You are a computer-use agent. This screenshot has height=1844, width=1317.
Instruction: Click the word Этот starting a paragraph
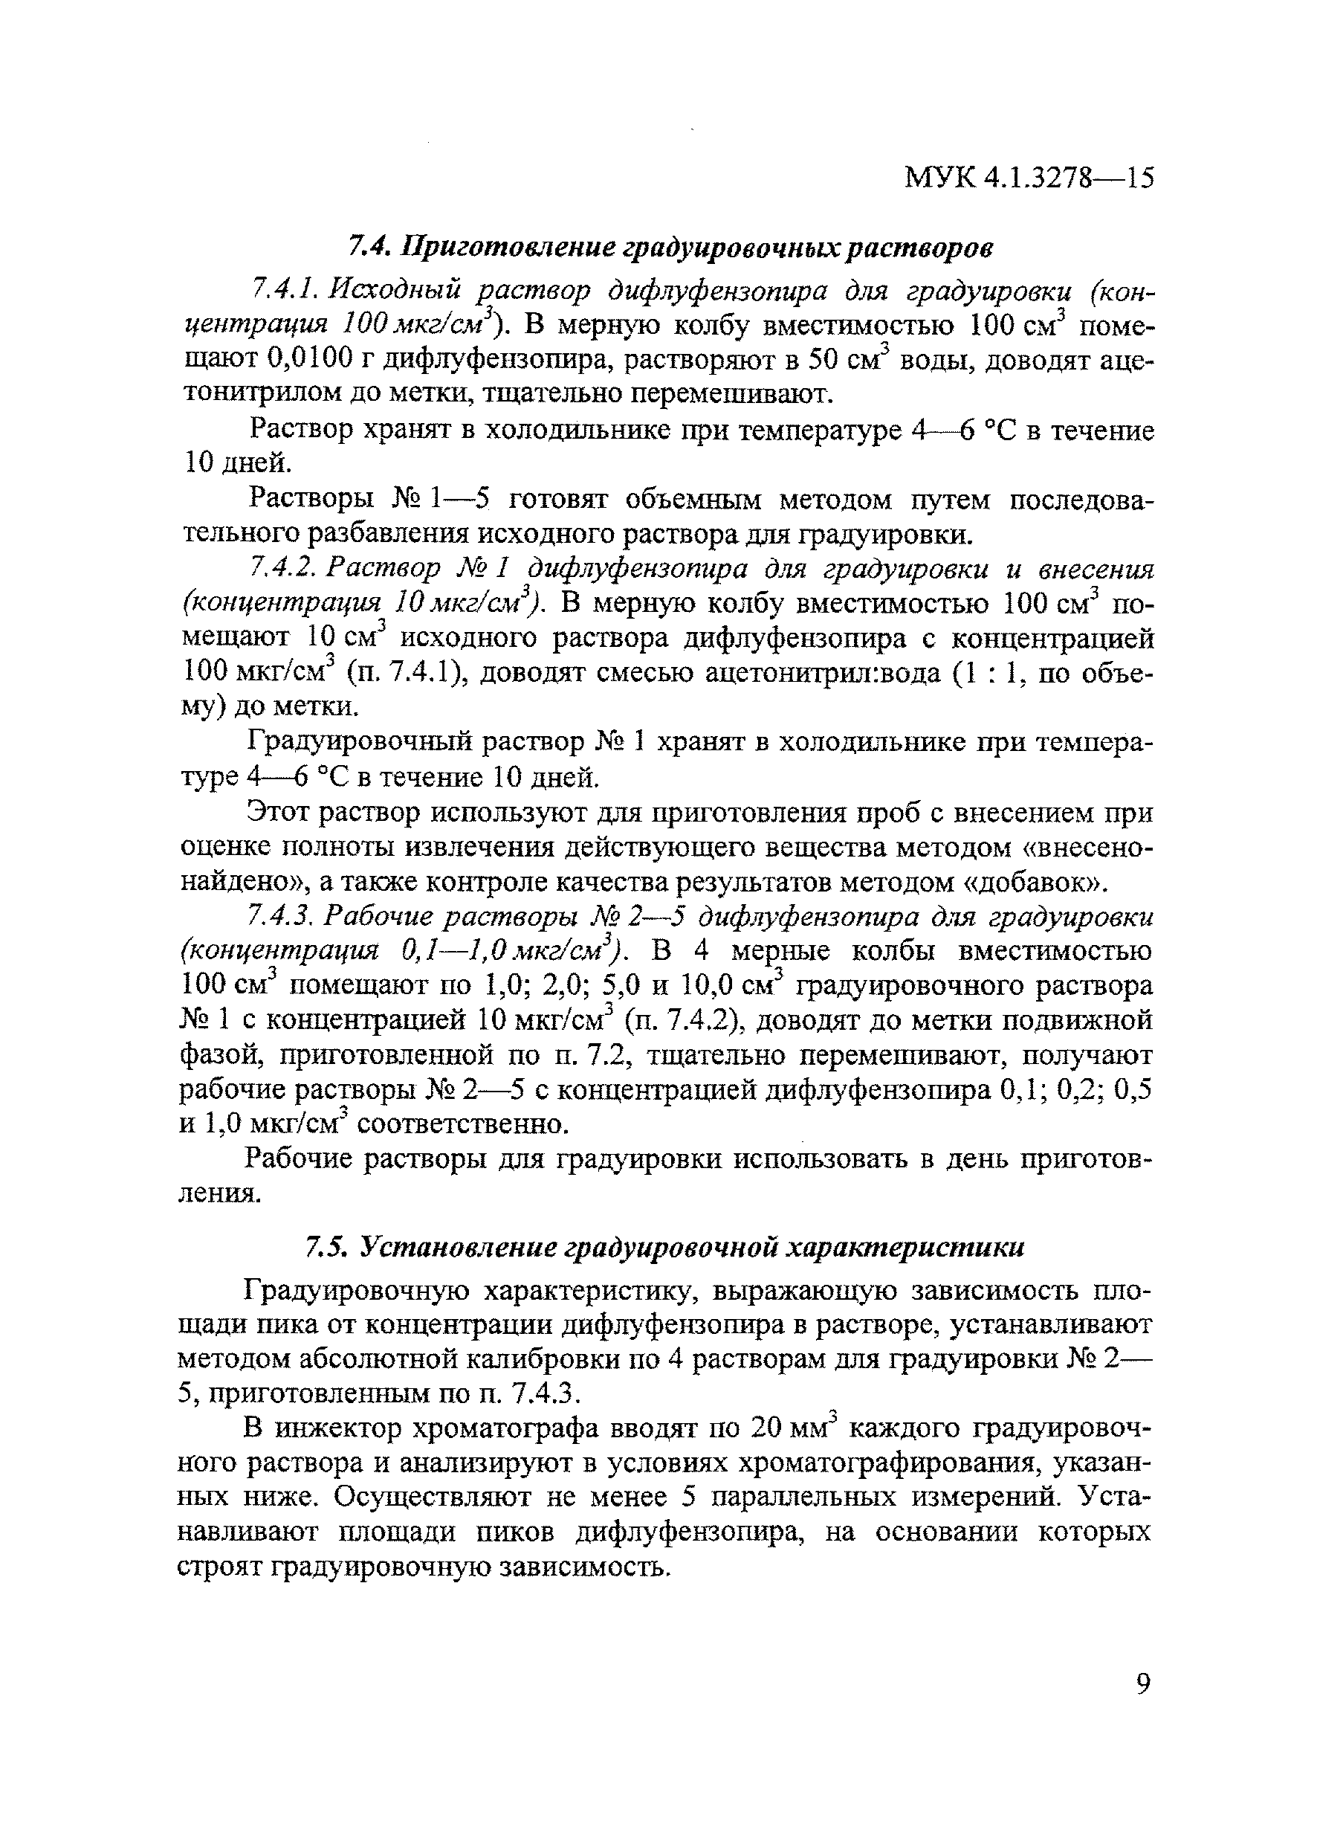pos(279,812)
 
